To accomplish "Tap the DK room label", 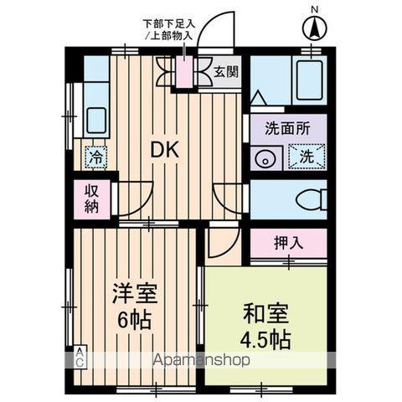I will coord(165,150).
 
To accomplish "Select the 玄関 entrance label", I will coord(225,72).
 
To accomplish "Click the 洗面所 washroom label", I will coord(287,130).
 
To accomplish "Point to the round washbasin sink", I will coord(265,157).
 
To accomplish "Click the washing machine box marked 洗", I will coord(305,157).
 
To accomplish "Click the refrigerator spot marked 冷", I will coord(96,156).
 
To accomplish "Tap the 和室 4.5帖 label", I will coord(266,327).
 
